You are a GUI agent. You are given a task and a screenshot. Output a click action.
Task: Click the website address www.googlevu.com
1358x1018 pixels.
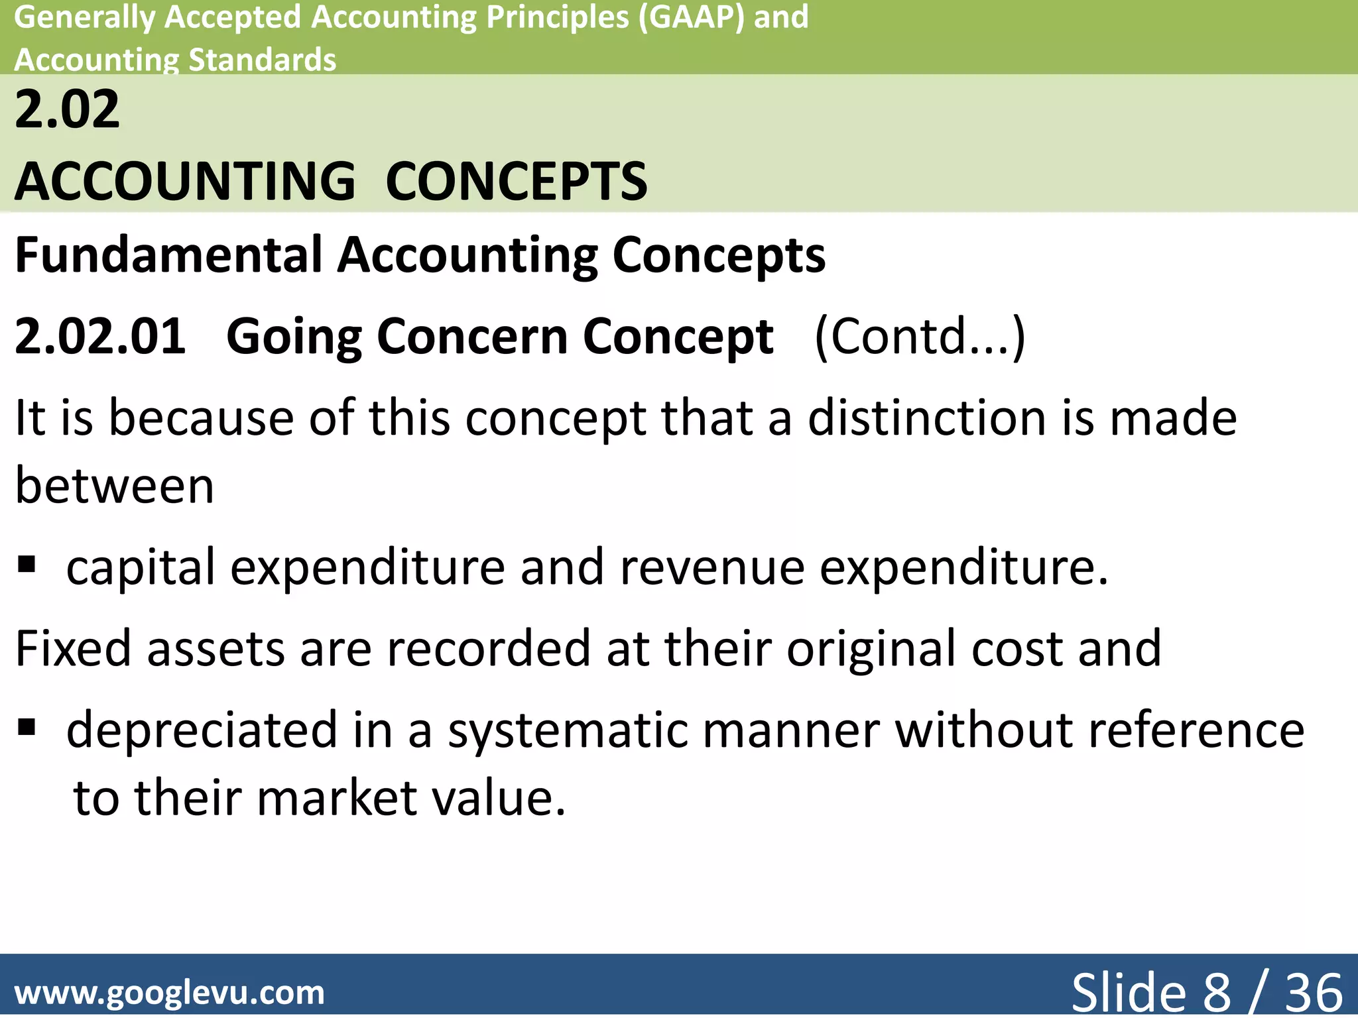coord(170,993)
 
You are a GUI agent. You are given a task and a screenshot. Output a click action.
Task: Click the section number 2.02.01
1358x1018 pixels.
coord(100,336)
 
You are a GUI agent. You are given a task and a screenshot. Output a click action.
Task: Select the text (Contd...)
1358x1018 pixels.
coord(920,336)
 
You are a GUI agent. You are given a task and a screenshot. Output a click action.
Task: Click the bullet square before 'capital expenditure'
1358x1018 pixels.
coord(27,565)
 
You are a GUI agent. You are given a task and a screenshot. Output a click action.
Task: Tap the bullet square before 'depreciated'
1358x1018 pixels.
coord(27,728)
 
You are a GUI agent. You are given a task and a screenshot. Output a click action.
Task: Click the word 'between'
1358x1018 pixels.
coord(115,486)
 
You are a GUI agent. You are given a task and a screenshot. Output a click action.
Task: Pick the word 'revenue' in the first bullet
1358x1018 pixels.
coord(712,567)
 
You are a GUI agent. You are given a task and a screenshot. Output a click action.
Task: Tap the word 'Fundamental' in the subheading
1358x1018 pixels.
coord(168,254)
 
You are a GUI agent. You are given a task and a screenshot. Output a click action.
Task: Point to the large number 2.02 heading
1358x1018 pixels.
coord(67,109)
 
